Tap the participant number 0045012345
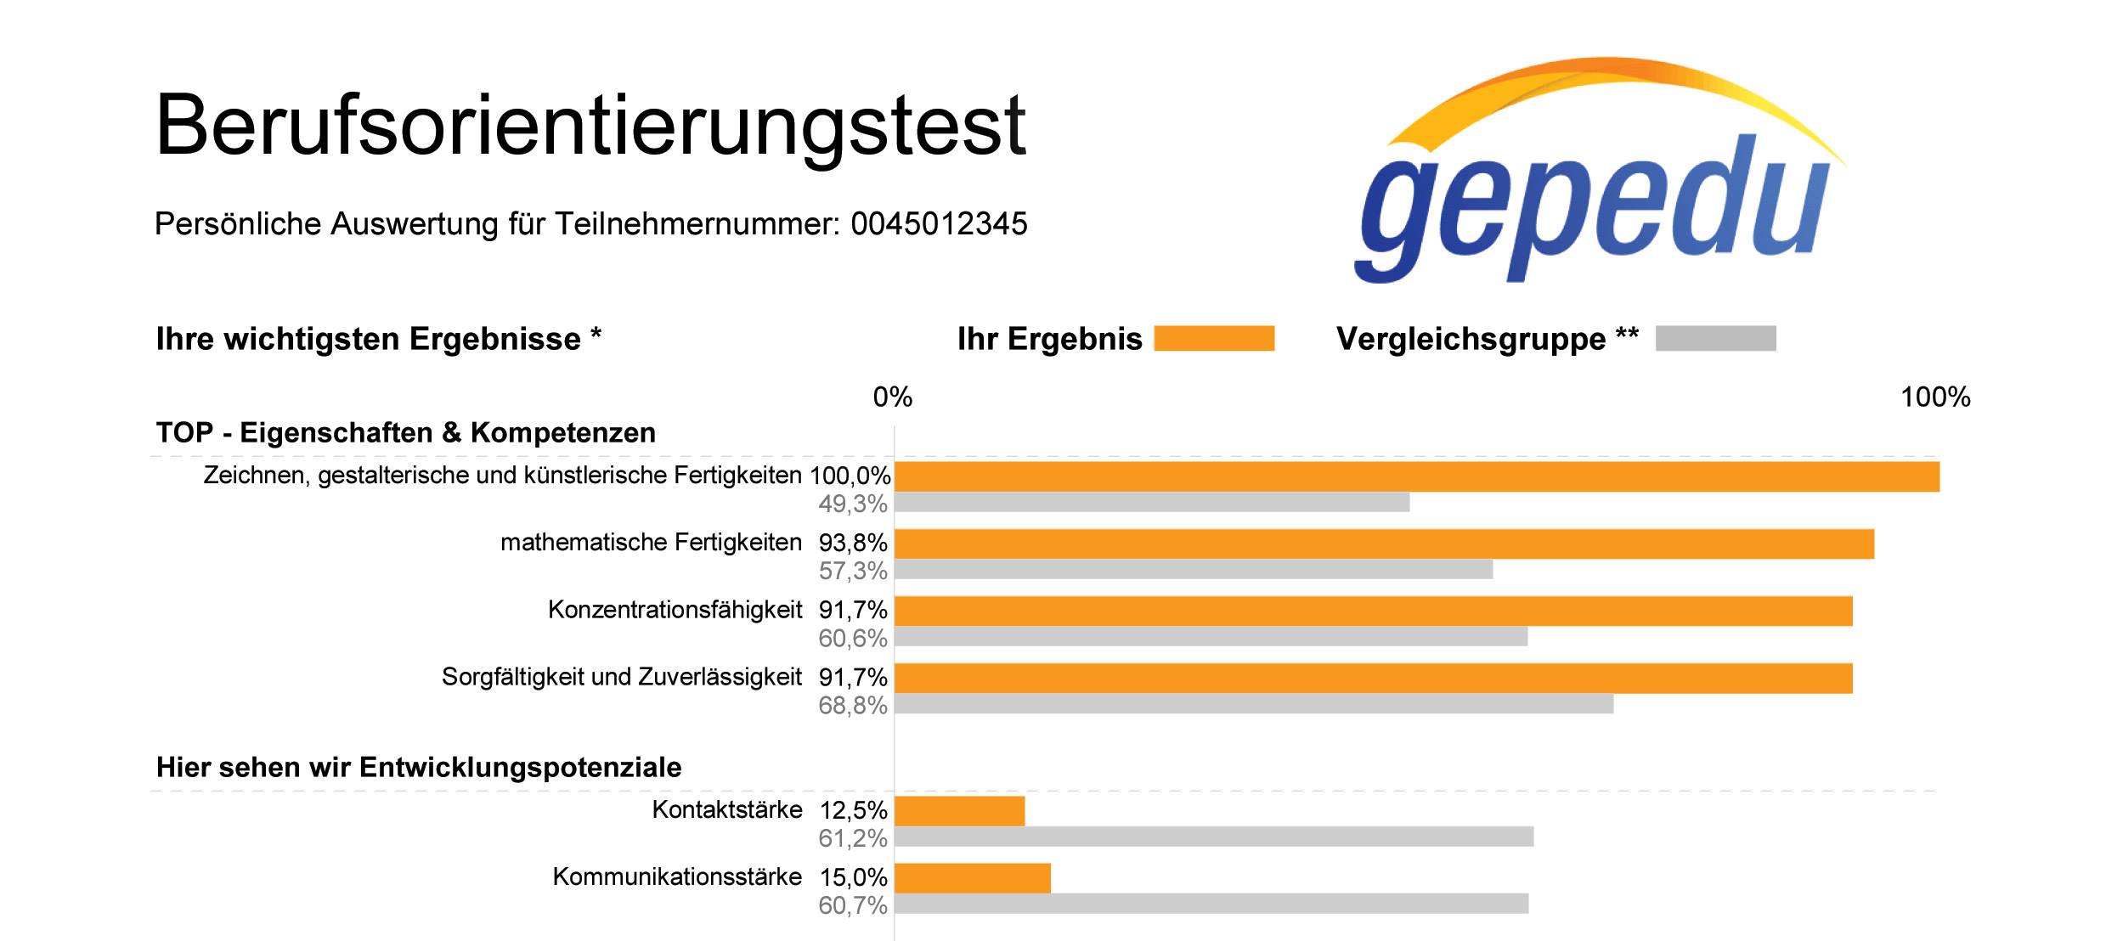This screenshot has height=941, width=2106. point(939,224)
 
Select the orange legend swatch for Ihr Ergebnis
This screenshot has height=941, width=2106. point(1214,338)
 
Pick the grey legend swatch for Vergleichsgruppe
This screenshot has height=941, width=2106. point(1715,338)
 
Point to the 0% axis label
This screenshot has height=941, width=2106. point(893,397)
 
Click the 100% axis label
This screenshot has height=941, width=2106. point(1935,397)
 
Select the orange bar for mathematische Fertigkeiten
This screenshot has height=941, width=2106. point(1385,544)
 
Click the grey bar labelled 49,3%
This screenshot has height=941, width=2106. point(1152,502)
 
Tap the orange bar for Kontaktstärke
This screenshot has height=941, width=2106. point(960,811)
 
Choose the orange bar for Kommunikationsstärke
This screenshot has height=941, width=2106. point(973,878)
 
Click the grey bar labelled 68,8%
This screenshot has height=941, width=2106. point(1254,703)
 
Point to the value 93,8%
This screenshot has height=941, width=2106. point(853,543)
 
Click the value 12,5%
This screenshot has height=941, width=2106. point(853,810)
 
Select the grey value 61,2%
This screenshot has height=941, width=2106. point(853,839)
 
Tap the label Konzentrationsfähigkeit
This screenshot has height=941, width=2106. point(675,610)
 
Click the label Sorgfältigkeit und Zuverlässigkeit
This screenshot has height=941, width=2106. point(622,677)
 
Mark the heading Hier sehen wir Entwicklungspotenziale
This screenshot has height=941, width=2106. point(419,767)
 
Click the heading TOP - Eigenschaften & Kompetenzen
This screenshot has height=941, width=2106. point(406,432)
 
